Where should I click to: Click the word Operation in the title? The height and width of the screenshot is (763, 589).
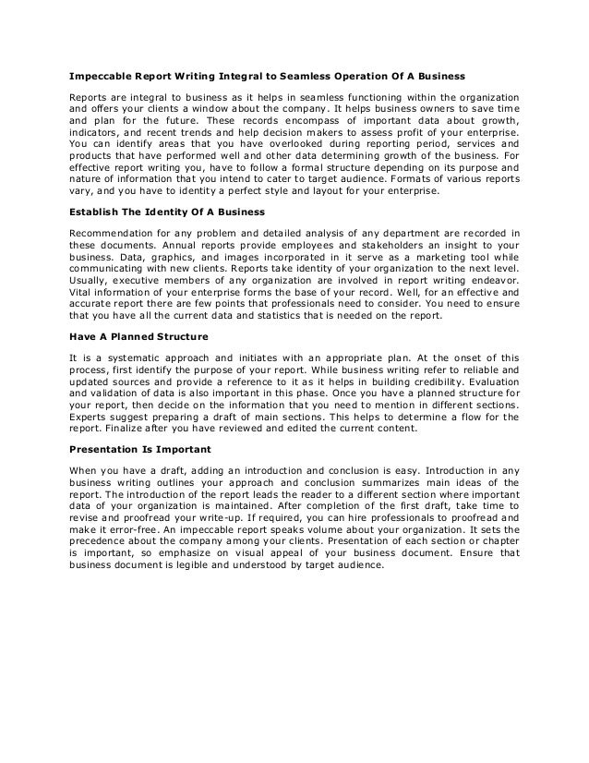coord(343,76)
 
